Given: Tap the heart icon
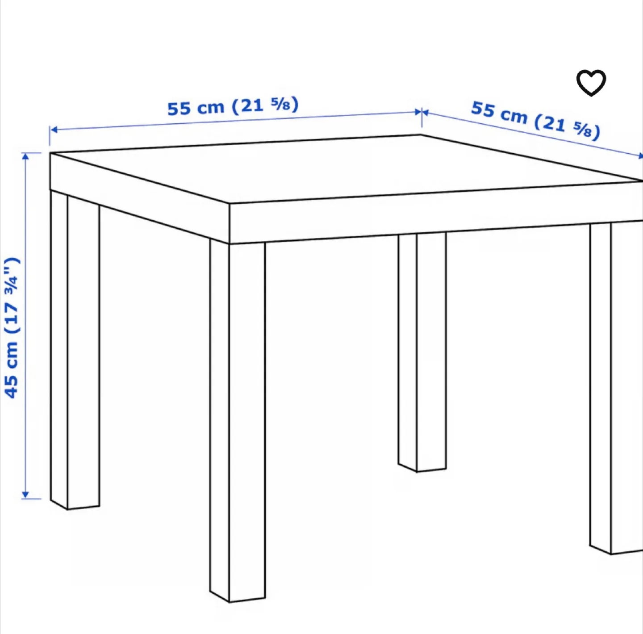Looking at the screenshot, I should pos(591,83).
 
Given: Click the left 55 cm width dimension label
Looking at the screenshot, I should pos(233,107).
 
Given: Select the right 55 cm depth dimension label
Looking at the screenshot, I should pos(535,120).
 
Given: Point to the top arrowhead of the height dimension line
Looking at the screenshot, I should pos(25,155).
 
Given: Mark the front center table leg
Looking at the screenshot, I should pos(238,420).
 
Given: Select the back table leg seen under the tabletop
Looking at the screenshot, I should pos(422,353).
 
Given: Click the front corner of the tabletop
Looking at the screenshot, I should pos(230,206).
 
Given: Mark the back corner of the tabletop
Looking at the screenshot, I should pos(421,135).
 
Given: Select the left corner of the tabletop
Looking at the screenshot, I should pos(50,153).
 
